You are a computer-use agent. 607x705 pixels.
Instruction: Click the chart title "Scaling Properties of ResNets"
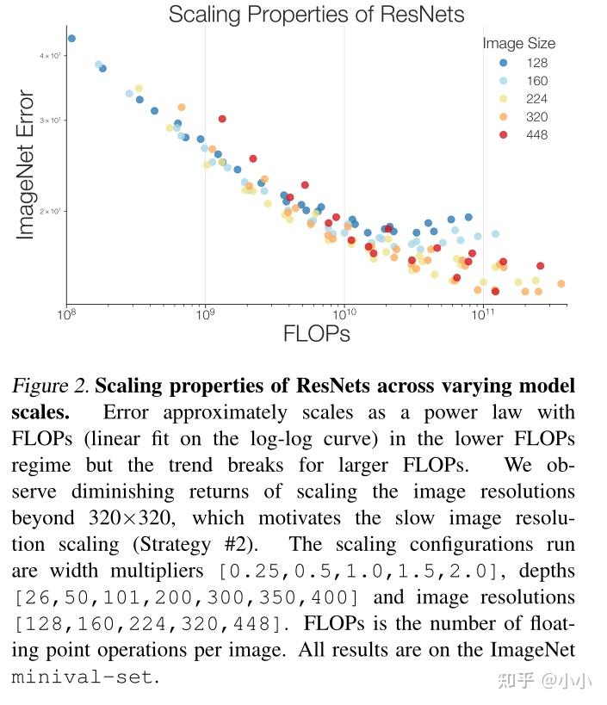[x=316, y=15]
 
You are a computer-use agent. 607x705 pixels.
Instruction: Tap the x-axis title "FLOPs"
[x=316, y=334]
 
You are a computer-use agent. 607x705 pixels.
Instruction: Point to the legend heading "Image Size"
[x=518, y=43]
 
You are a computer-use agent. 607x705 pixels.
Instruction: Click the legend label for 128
[x=536, y=63]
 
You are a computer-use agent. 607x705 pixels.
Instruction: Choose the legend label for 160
[x=536, y=81]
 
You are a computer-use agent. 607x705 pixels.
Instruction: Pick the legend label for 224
[x=536, y=99]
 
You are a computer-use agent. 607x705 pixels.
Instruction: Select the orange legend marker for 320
[x=504, y=117]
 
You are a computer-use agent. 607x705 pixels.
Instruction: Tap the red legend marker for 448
[x=504, y=135]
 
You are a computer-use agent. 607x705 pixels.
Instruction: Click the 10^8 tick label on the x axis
[x=66, y=315]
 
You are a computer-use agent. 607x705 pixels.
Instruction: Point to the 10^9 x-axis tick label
[x=205, y=315]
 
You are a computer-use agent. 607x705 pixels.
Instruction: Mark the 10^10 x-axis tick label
[x=344, y=315]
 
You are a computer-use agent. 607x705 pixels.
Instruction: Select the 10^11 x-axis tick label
[x=482, y=315]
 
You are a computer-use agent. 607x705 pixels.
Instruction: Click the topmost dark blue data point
[x=71, y=38]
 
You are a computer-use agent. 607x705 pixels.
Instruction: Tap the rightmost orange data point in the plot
[x=561, y=283]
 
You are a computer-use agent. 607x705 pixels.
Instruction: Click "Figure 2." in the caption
[x=51, y=386]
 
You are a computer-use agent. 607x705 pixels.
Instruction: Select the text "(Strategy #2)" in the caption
[x=228, y=545]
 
